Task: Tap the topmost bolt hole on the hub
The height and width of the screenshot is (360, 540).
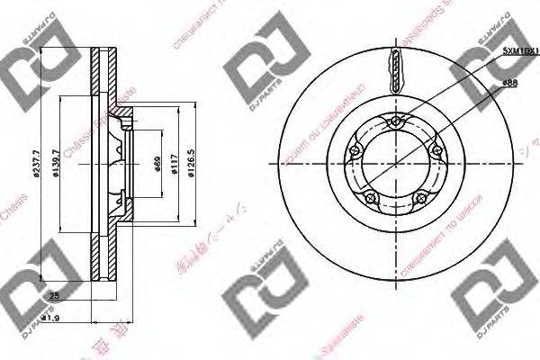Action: pyautogui.click(x=396, y=123)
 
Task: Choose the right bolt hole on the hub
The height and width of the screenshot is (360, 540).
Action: pyautogui.click(x=436, y=151)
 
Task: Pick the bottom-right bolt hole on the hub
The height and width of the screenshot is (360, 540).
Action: pyautogui.click(x=420, y=197)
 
